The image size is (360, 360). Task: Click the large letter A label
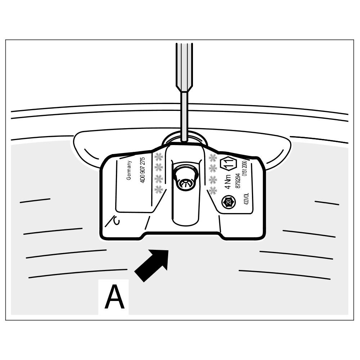click(114, 297)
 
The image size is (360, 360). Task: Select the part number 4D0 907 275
click(143, 170)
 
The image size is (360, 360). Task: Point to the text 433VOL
click(247, 199)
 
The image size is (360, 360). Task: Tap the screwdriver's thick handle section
click(184, 65)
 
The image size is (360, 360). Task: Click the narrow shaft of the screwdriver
click(184, 115)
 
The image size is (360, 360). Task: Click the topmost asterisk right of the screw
click(213, 157)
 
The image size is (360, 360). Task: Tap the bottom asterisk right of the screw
click(213, 190)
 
